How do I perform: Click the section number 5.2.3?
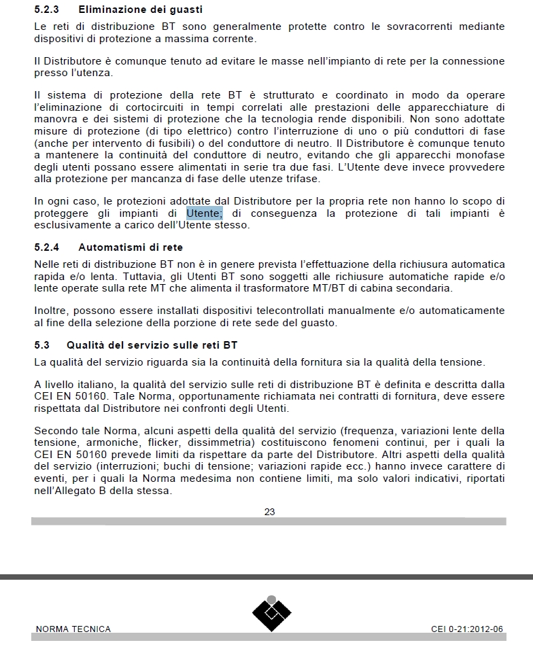coord(47,10)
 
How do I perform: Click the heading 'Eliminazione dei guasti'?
coord(141,10)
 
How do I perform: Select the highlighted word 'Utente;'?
coord(204,213)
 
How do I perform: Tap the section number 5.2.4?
coord(47,247)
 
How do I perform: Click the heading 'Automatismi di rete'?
coord(131,247)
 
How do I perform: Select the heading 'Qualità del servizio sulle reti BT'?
coord(152,345)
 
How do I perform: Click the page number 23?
coord(269,512)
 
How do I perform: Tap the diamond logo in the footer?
coord(271,612)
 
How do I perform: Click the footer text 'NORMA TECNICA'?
coord(73,629)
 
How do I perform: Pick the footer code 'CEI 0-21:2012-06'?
coord(467,629)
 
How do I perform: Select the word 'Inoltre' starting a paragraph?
coord(52,311)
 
